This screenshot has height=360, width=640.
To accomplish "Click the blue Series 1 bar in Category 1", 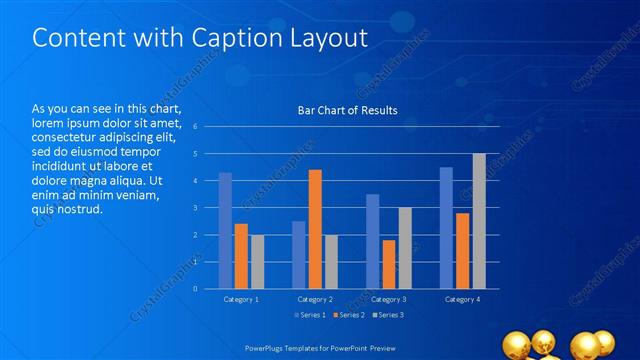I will point(226,230).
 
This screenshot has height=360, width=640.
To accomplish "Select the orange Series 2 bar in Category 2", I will point(315,229).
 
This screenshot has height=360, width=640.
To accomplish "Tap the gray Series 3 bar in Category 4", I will point(479,221).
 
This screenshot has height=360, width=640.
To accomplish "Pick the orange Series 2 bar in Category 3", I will point(388,264).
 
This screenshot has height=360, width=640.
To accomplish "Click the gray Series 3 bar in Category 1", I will point(257,261).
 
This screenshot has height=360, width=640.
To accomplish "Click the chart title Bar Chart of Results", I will point(347,110).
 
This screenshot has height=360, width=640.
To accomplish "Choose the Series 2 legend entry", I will point(349,316).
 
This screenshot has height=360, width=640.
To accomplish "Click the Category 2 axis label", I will point(315,299).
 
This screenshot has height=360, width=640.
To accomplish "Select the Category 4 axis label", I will point(462,299).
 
